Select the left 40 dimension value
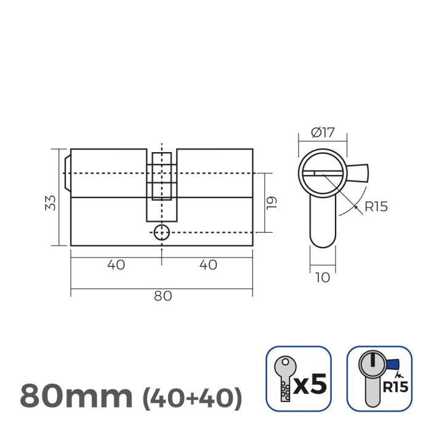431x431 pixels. (x=116, y=265)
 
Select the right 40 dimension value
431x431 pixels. (x=209, y=265)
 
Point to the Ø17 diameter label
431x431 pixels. (x=322, y=132)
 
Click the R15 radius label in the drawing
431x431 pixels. (x=376, y=207)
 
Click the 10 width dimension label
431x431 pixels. (x=322, y=277)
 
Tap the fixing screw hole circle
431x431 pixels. (x=161, y=233)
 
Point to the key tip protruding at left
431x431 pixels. (x=67, y=173)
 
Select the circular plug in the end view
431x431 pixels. (x=322, y=173)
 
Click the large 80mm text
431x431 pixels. (x=76, y=396)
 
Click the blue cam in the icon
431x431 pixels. (x=391, y=364)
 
